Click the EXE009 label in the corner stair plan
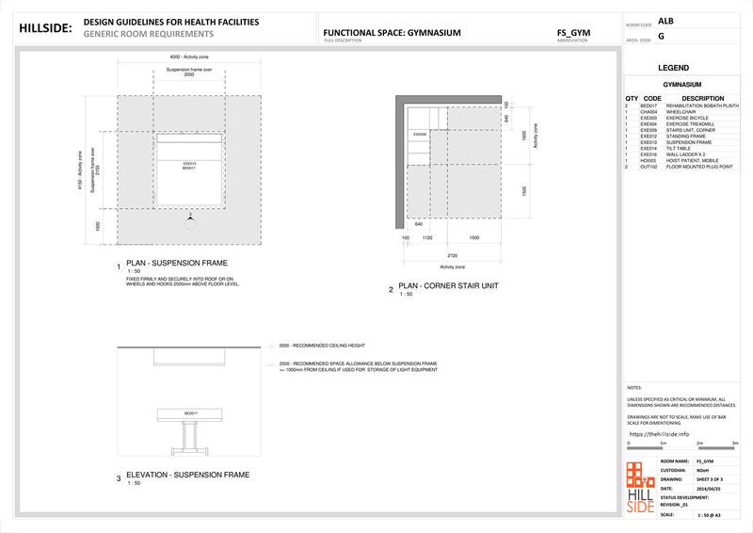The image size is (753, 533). pos(421,135)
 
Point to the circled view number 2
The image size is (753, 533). pos(391,291)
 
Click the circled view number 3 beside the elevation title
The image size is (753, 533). pos(119,478)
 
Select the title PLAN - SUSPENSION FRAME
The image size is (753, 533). pos(177,264)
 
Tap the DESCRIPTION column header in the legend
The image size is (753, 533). pos(702,98)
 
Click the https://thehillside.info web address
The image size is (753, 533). pos(658,434)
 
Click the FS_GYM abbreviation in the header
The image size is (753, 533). pos(573,32)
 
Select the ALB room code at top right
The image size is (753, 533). pos(665,20)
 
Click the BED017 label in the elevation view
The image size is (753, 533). pos(190,413)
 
